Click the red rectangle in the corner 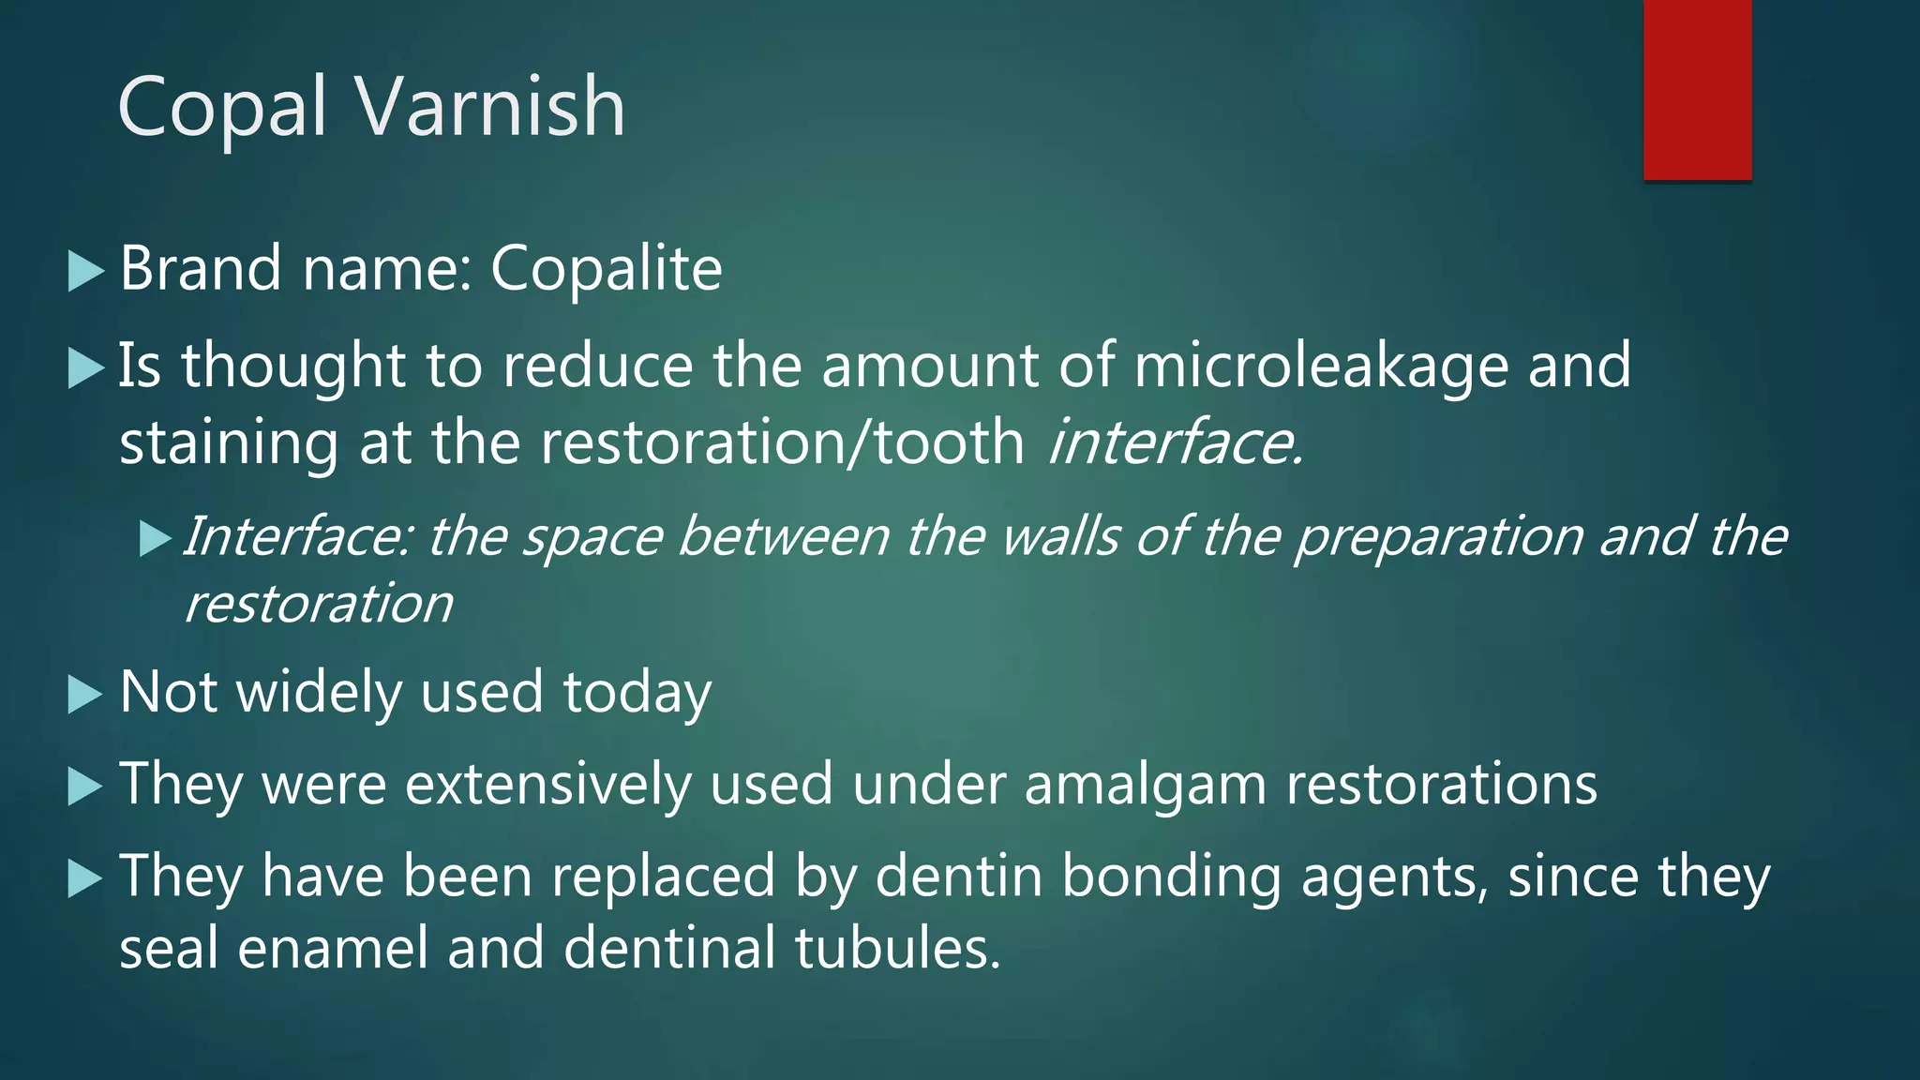[x=1697, y=89]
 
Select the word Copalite [x=607, y=269]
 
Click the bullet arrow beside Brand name [x=86, y=272]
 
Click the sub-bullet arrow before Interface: [x=155, y=539]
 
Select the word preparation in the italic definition [x=1439, y=538]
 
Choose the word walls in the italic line [x=1059, y=536]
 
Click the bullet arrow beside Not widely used [x=86, y=695]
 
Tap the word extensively [x=548, y=784]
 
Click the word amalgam [x=1145, y=786]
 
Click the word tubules [x=898, y=948]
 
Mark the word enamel [x=332, y=948]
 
